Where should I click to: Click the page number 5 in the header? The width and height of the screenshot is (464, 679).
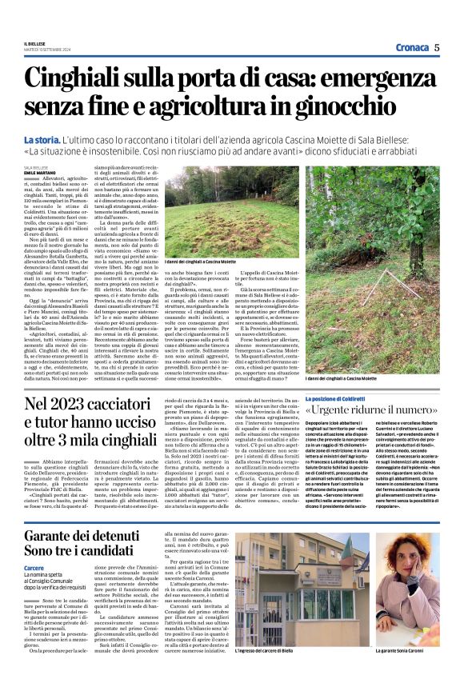(x=437, y=47)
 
